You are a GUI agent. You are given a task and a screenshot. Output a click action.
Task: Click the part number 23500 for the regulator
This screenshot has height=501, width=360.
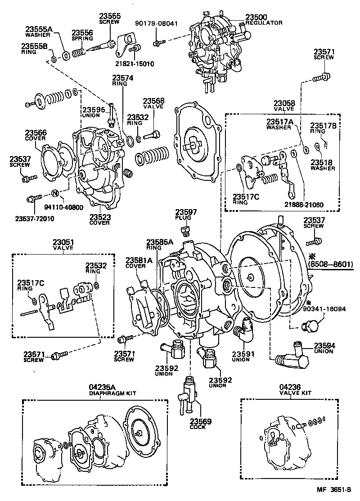(x=256, y=17)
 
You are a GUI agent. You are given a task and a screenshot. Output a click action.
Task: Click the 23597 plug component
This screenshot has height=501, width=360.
(x=184, y=231)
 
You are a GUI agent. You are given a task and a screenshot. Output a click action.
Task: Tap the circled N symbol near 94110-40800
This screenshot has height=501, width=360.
(x=55, y=193)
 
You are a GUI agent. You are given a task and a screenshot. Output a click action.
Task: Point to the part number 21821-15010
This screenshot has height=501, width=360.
(x=133, y=64)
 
